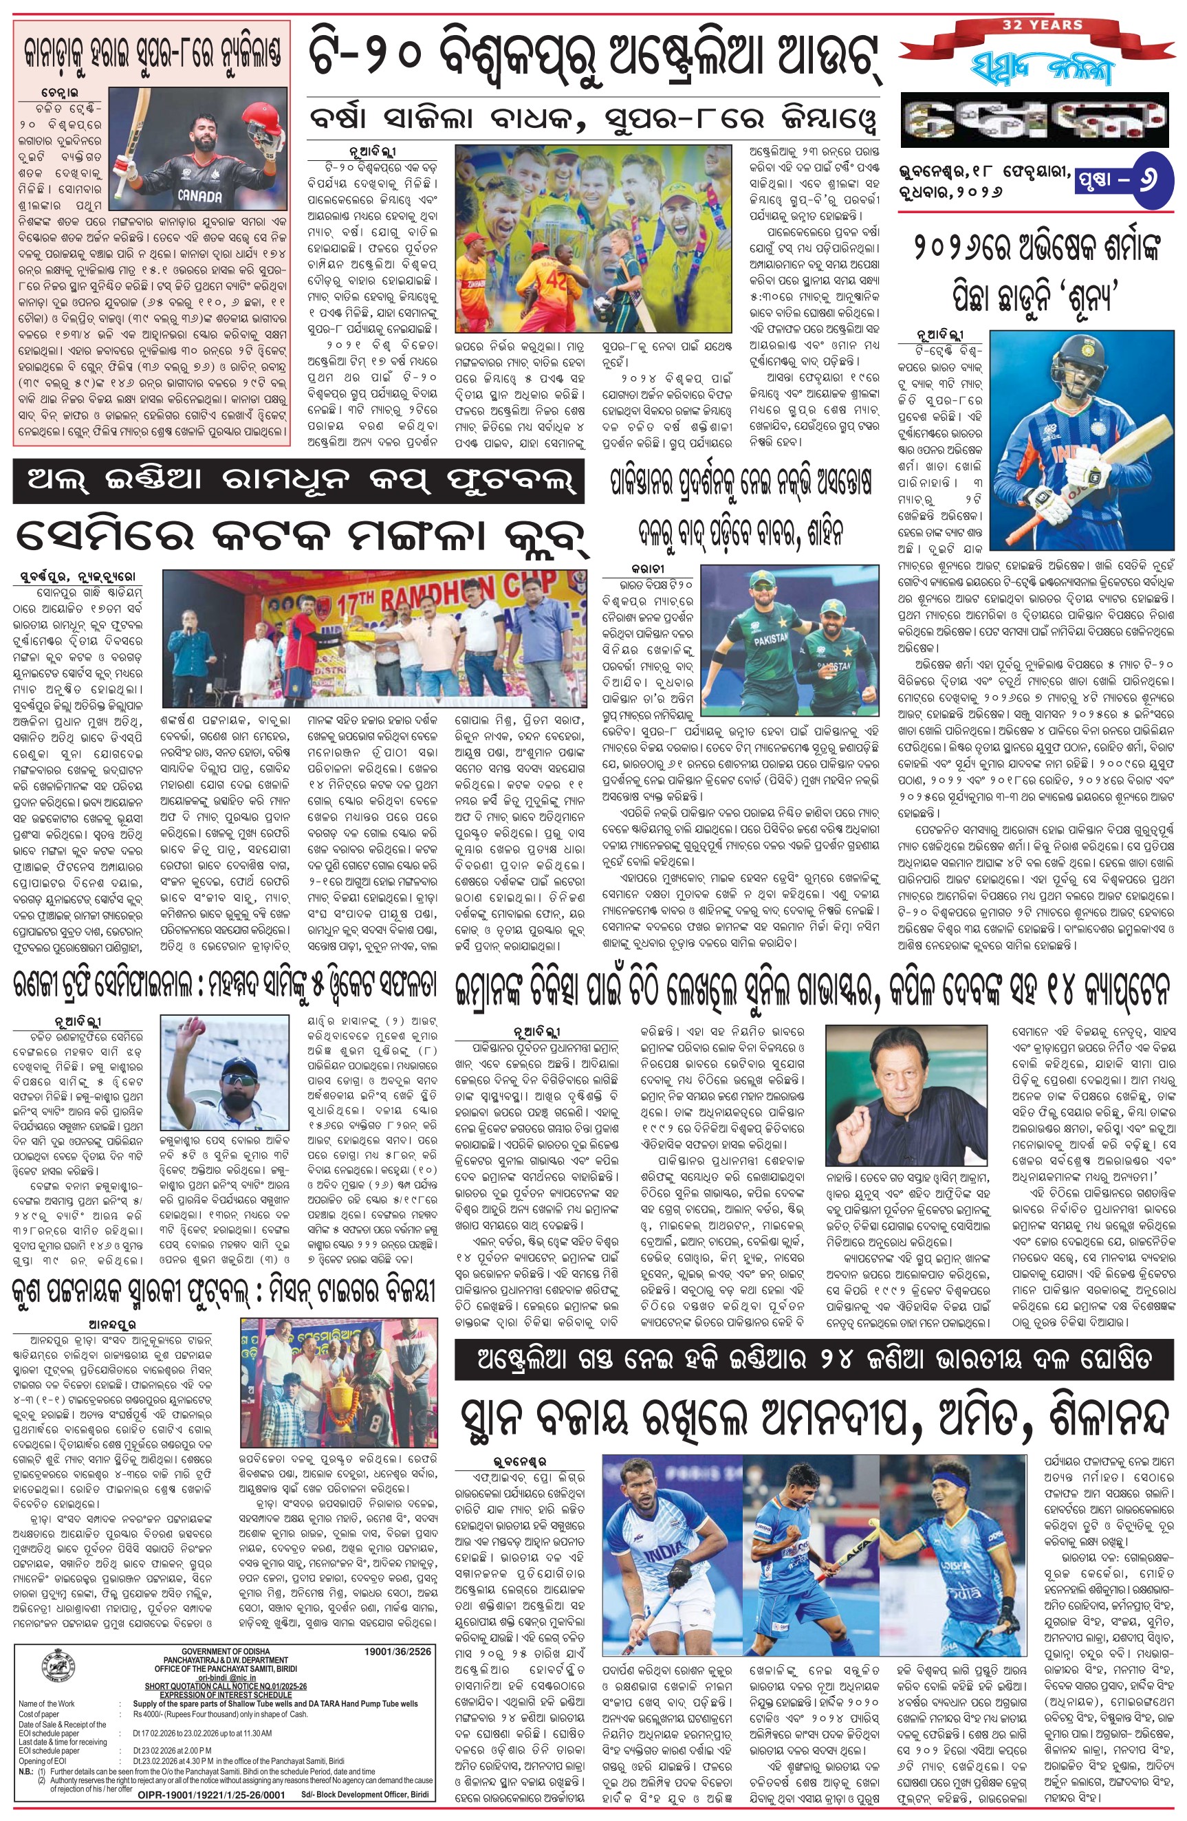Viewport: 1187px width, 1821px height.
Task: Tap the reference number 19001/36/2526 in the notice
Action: pyautogui.click(x=398, y=1652)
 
